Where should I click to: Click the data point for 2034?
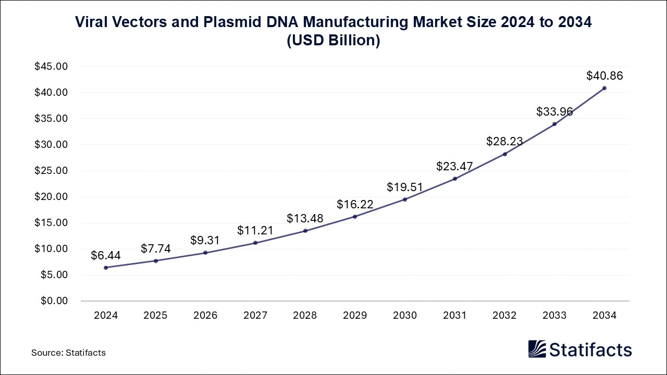pos(604,88)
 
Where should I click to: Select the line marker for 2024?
pos(106,268)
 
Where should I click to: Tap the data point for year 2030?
pos(405,199)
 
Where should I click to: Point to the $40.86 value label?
pos(604,76)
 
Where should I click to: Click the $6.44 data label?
pos(106,255)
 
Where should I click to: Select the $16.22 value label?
pos(355,204)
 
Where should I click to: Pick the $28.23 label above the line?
pos(504,142)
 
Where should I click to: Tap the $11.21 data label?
pos(255,230)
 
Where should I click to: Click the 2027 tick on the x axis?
pos(255,316)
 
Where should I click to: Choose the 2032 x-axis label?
pos(504,316)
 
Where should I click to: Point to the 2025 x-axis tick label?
pos(155,316)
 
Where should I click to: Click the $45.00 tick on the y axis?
pos(51,67)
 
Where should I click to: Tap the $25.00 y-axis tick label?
pos(51,171)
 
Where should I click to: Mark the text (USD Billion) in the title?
pos(333,41)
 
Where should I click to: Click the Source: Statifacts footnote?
pos(68,353)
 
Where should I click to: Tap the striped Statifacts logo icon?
pos(537,349)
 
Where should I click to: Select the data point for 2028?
pos(305,231)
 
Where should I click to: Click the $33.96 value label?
pos(554,111)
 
